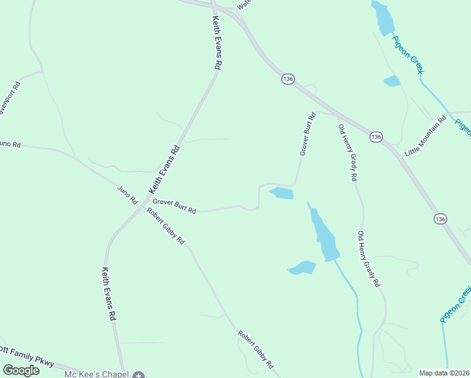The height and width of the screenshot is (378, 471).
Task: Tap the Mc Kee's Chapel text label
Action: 96,374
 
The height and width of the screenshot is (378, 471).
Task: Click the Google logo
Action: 21,370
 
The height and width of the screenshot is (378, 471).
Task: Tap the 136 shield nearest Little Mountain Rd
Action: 376,137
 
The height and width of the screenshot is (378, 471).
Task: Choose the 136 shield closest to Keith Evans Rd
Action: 288,79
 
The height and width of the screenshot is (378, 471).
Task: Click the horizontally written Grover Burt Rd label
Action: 174,206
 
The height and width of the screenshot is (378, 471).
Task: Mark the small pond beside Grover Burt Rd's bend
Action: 281,193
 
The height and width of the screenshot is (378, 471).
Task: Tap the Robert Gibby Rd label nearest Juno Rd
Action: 166,226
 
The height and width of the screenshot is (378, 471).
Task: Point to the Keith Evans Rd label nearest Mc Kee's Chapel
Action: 108,294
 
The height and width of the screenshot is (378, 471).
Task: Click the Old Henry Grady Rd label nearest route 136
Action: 347,153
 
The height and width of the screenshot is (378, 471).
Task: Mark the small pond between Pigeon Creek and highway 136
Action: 392,81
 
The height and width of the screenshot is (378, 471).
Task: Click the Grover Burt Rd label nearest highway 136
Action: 307,134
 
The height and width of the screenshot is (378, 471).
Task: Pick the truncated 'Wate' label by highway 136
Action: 244,4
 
